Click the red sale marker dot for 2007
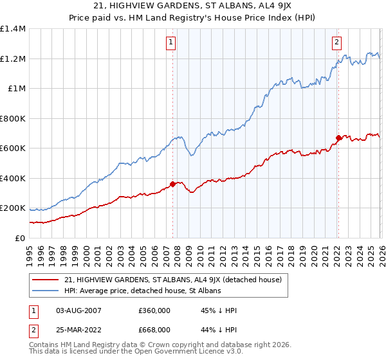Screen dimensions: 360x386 172,184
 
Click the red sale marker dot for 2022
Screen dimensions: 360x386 338,138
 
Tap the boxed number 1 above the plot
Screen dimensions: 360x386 172,43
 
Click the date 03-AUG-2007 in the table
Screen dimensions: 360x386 78,310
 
